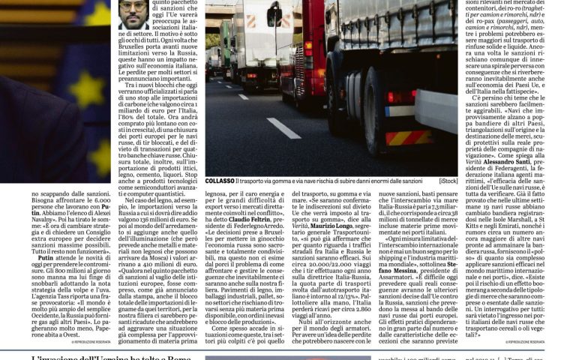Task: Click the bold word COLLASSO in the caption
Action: pos(220,180)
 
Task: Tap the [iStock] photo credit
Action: pos(448,181)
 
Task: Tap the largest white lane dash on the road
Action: pos(283,127)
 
